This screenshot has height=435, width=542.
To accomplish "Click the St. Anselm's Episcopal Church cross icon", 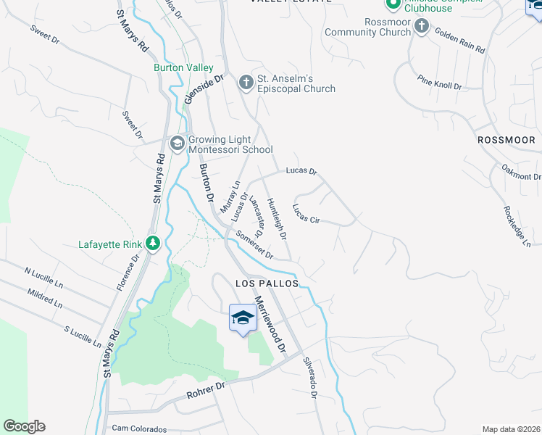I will point(246,83).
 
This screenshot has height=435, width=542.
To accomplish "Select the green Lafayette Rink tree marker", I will point(152,244).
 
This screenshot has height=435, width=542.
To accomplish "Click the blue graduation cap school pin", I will point(242,318).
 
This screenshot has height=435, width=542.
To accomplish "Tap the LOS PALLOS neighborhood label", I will point(267,283).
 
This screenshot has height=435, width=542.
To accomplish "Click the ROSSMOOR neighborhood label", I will point(506,139).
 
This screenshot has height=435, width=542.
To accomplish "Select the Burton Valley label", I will point(183,67).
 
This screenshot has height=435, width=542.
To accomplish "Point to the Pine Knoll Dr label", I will point(440,81).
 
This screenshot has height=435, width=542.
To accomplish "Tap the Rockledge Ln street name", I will point(517,225).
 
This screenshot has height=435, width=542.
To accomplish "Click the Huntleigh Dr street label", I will point(278,219).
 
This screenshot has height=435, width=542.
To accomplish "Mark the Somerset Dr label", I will point(254,245).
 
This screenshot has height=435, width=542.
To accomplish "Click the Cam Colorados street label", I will point(139,429).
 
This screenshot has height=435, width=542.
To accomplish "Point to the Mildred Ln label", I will point(45,297).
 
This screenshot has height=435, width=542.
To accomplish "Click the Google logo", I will point(24,426).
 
